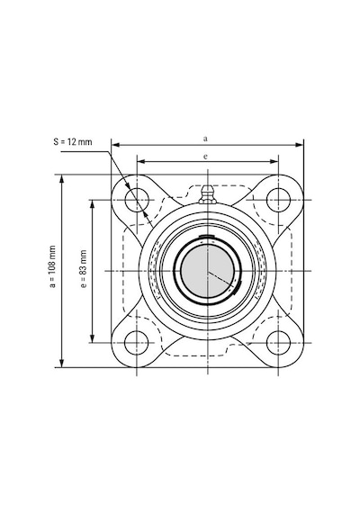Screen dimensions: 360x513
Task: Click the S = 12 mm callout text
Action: [x=73, y=141]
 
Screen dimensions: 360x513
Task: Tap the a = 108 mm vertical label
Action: [x=52, y=266]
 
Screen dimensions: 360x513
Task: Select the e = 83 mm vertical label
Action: [x=84, y=268]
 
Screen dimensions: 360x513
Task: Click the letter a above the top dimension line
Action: [x=205, y=139]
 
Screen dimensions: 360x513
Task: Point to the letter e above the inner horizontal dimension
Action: [x=205, y=157]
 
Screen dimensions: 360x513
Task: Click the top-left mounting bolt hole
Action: [x=137, y=200]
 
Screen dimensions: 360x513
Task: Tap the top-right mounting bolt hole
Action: [x=278, y=200]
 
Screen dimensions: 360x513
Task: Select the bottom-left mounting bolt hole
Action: [x=137, y=343]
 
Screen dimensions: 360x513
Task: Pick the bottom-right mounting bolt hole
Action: [x=278, y=343]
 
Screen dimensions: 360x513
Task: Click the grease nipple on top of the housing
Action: [x=208, y=194]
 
